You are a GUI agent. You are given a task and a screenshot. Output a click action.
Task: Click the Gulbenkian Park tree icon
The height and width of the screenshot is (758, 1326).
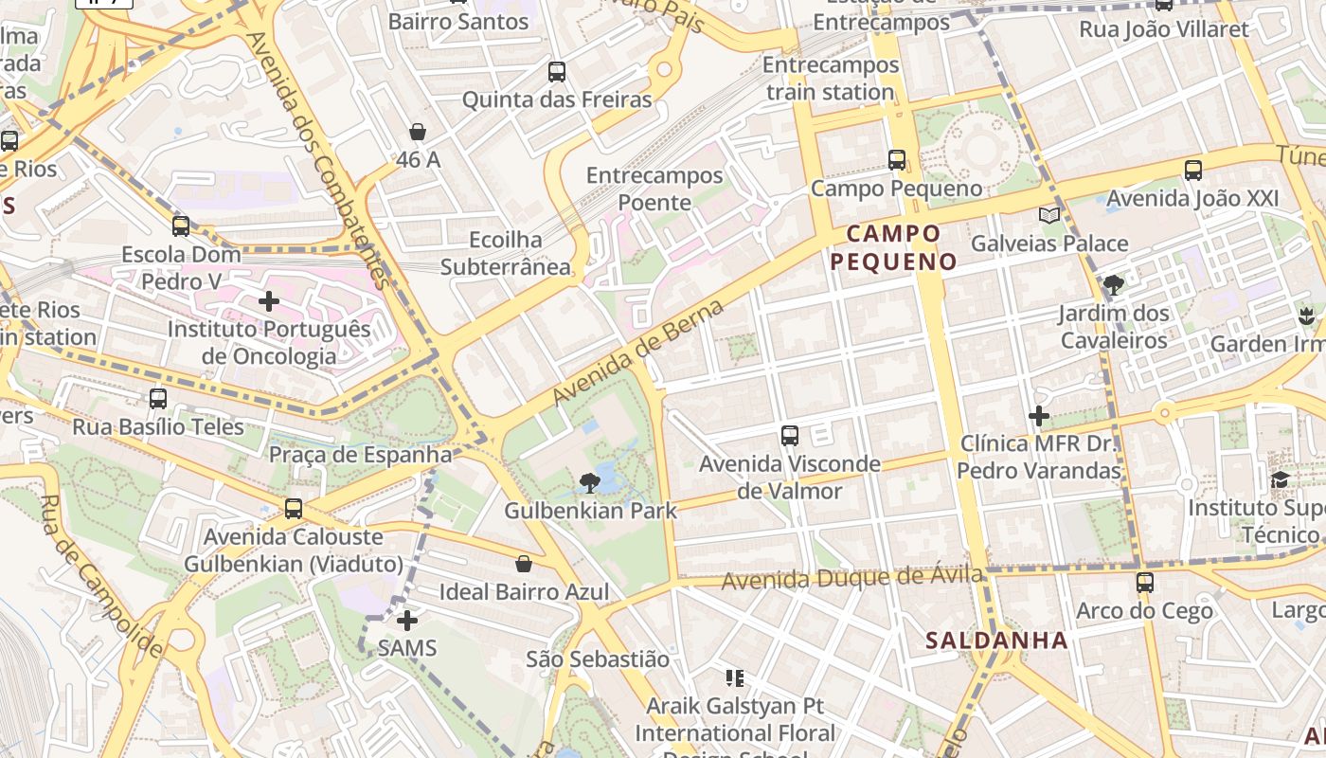(589, 484)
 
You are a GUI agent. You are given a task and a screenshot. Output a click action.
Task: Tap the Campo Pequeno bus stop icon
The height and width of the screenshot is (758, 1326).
(897, 160)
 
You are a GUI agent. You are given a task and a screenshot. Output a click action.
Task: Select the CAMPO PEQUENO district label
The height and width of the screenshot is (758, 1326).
(894, 247)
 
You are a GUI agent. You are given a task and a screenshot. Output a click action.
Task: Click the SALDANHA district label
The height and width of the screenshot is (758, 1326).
(996, 641)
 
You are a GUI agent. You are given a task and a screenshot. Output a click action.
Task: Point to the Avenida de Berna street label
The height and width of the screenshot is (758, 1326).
(639, 350)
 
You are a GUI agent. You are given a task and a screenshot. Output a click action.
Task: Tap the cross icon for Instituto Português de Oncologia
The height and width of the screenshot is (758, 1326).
(269, 302)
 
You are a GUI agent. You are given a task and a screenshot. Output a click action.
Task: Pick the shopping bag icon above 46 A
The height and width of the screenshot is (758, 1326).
(418, 132)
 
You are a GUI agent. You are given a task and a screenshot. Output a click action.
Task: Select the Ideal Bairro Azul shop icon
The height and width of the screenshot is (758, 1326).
(524, 565)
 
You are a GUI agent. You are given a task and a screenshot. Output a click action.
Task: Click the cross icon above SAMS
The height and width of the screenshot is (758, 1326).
(407, 621)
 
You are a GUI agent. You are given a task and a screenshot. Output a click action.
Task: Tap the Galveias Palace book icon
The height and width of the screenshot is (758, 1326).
(1049, 215)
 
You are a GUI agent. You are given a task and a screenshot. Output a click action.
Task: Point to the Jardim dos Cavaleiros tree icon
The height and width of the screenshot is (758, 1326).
(1114, 284)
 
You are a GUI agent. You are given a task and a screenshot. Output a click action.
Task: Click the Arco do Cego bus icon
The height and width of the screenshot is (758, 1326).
(1145, 582)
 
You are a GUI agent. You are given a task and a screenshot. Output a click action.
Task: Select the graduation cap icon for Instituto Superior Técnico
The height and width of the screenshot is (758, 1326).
(1281, 479)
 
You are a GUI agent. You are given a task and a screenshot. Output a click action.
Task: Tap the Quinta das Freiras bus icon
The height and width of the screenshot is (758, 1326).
(557, 71)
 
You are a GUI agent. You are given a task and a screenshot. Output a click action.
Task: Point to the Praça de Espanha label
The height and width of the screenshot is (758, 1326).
(360, 455)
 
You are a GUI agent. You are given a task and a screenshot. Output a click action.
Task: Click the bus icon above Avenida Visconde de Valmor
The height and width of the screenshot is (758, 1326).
(790, 436)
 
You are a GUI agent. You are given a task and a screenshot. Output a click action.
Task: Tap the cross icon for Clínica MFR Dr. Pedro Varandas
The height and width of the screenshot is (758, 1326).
(1039, 415)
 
